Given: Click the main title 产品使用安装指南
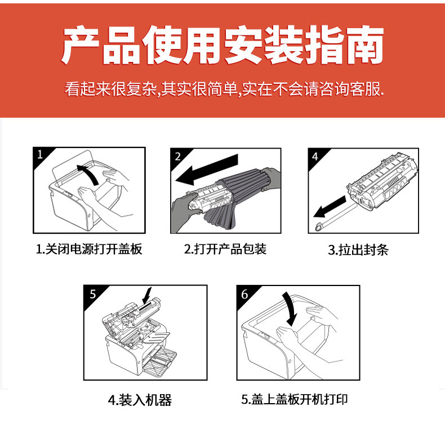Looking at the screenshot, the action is point(222,45).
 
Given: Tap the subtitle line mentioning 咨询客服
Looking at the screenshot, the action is point(224,89).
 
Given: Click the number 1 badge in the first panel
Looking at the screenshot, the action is point(40,154).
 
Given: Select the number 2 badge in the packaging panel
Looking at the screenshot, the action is point(177,157).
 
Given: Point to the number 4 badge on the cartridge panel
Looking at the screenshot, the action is point(315,157).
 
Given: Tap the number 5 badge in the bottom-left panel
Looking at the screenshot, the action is point(93,294).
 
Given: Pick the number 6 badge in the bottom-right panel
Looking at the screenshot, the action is point(244,294).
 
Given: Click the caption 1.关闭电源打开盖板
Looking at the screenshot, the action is point(89,249).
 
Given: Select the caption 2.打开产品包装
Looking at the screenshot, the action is point(226,249).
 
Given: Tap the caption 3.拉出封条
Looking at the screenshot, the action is point(358,249).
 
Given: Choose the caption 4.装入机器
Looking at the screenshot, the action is point(140,400).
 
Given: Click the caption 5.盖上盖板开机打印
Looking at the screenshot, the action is point(295,399).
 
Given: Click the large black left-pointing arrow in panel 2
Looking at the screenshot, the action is point(207,169).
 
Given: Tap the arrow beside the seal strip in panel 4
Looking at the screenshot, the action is point(330,207).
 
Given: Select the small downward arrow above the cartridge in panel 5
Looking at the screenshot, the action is point(146,296).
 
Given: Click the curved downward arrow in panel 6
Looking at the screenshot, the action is point(290,309).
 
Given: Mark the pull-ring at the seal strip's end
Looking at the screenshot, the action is point(318,227).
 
